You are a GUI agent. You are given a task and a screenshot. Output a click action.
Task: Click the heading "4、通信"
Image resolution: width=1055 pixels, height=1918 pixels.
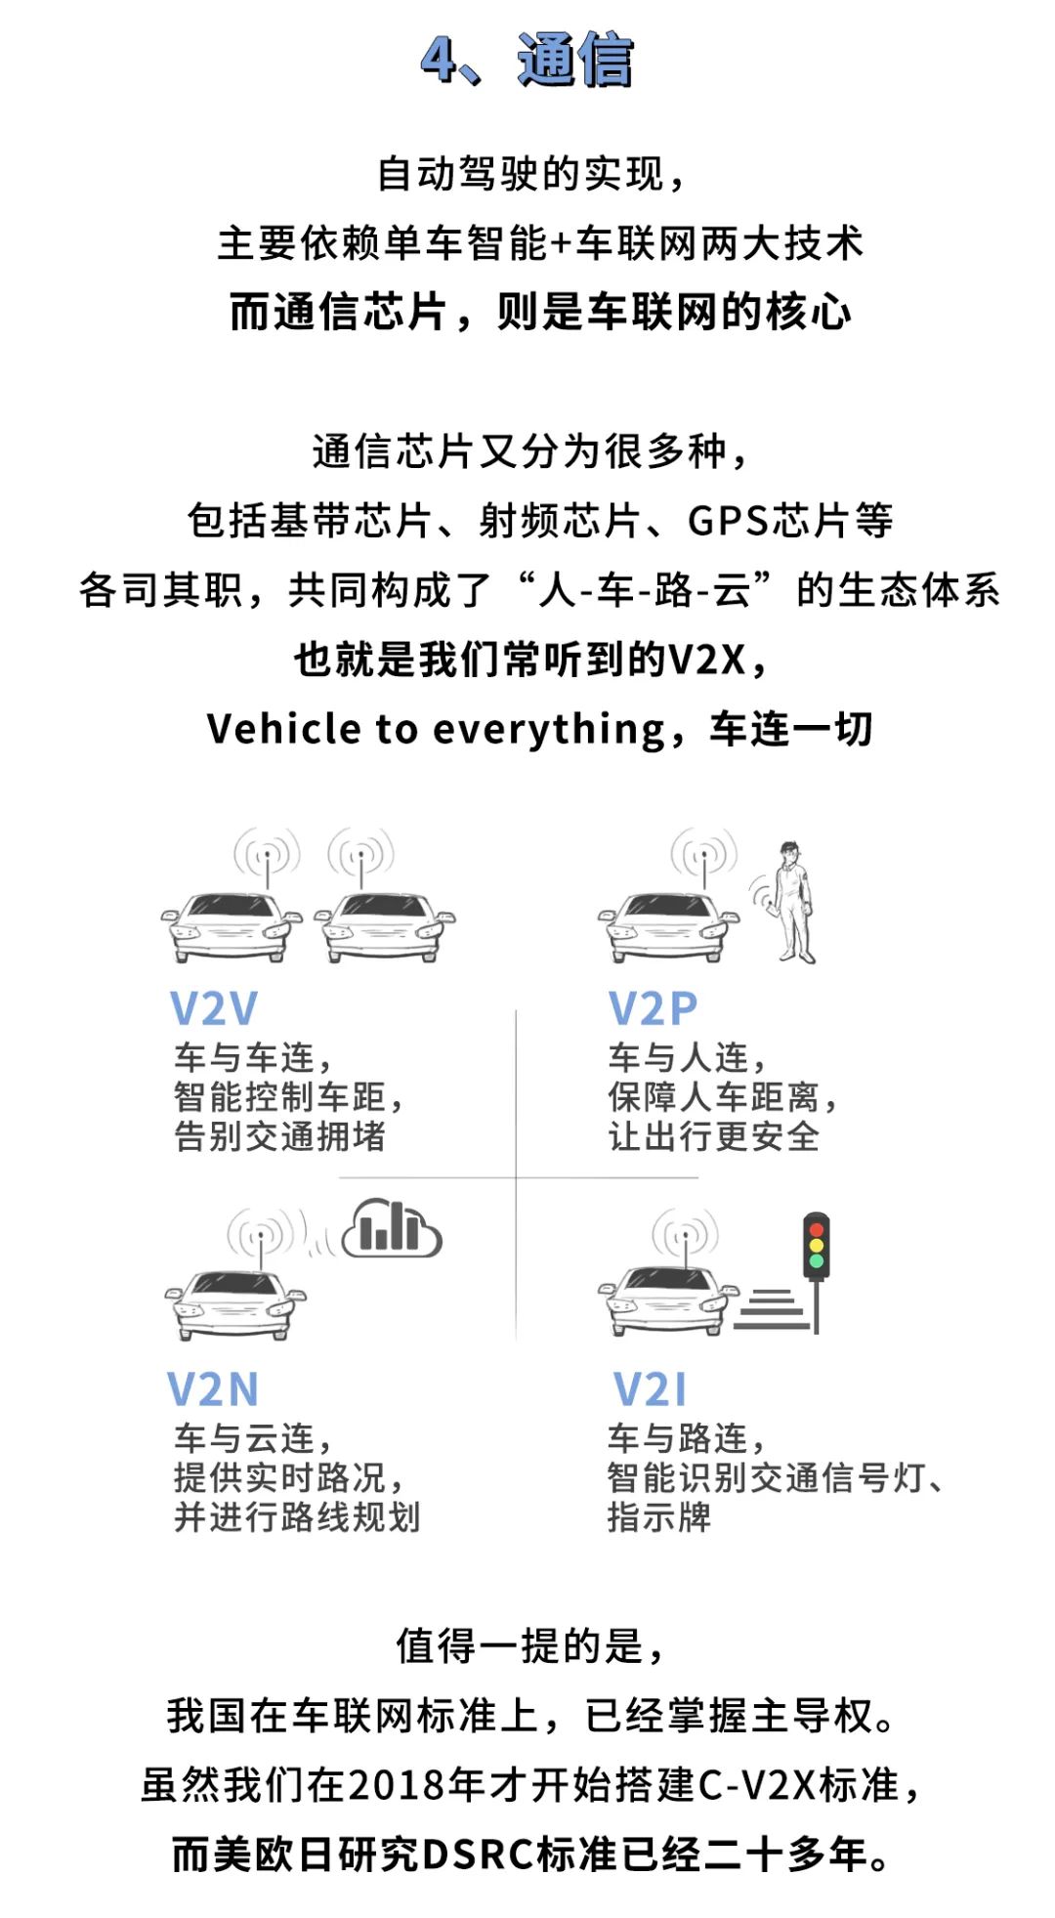527,61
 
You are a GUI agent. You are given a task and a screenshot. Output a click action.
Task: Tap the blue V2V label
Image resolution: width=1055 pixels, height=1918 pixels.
214,1008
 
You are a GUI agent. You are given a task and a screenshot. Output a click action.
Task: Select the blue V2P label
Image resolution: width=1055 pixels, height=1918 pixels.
653,1008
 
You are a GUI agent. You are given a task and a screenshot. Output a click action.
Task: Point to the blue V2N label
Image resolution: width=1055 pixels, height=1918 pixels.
213,1388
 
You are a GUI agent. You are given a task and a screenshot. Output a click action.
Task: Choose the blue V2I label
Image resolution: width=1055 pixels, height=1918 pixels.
650,1388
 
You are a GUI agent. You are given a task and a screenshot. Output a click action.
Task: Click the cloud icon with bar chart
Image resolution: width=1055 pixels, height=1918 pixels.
392,1229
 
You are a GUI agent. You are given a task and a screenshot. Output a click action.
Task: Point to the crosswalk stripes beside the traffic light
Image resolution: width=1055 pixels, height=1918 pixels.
772,1308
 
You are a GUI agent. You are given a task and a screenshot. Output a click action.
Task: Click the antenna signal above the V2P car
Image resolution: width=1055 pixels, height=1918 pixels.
704,855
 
